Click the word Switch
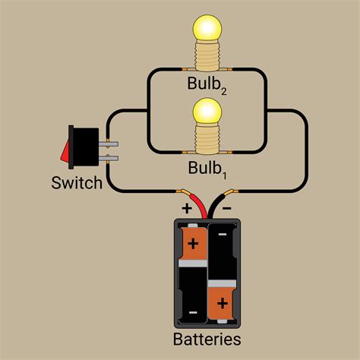[x=77, y=183]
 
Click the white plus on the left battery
[x=193, y=244]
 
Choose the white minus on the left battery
[x=193, y=312]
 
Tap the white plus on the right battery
[x=223, y=305]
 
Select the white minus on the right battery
[x=223, y=237]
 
